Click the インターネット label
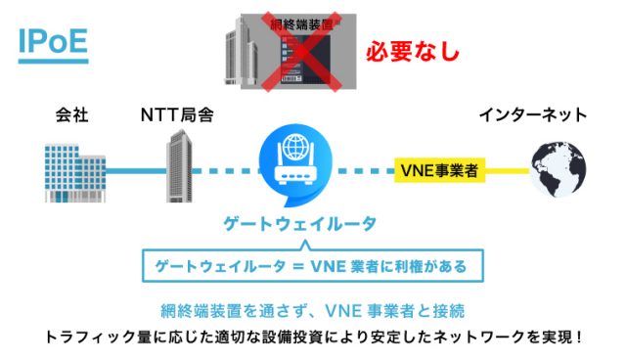pyautogui.click(x=532, y=115)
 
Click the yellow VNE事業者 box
pyautogui.click(x=439, y=170)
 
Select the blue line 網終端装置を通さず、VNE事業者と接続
pyautogui.click(x=312, y=311)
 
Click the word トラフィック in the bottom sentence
pyautogui.click(x=83, y=337)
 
